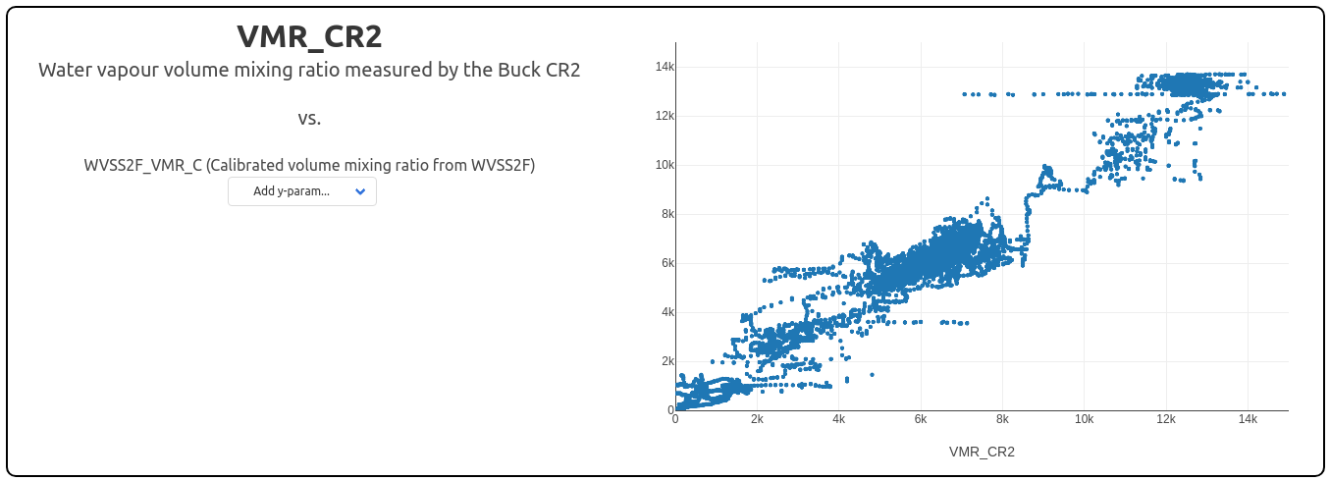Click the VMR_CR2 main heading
(309, 37)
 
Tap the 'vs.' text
(309, 119)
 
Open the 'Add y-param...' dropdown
(301, 191)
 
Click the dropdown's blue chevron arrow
(360, 191)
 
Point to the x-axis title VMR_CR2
(982, 453)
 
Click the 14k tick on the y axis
(665, 67)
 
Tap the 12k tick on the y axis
(665, 116)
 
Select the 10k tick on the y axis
(665, 165)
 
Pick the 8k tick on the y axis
(666, 214)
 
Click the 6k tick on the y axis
(666, 263)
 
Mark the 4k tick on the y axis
(666, 312)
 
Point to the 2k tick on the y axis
(666, 361)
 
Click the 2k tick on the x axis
(757, 419)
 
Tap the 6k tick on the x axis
(921, 419)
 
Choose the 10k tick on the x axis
(1084, 419)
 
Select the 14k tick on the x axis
(1247, 419)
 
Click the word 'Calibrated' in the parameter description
(243, 166)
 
